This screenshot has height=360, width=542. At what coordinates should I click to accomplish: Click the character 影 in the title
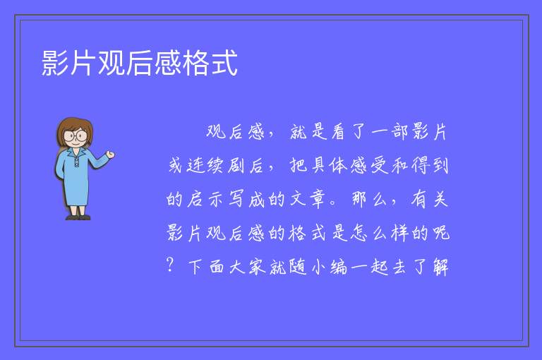pyautogui.click(x=55, y=63)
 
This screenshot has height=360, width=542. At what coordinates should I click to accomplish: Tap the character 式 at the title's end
pyautogui.click(x=224, y=63)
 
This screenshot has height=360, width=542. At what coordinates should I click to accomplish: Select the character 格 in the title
pyautogui.click(x=196, y=63)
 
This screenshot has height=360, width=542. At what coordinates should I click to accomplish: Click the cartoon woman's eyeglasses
pyautogui.click(x=76, y=135)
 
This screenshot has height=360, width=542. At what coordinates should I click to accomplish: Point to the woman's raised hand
pyautogui.click(x=110, y=155)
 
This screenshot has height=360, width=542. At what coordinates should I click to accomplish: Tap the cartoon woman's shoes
pyautogui.click(x=78, y=217)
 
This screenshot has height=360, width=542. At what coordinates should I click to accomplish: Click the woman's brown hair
pyautogui.click(x=75, y=131)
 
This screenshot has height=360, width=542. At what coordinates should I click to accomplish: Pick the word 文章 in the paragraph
pyautogui.click(x=308, y=199)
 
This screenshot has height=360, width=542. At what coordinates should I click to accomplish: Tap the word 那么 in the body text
pyautogui.click(x=370, y=199)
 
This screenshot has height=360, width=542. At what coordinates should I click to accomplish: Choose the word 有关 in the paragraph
pyautogui.click(x=430, y=199)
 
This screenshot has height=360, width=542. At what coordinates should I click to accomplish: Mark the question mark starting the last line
pyautogui.click(x=170, y=265)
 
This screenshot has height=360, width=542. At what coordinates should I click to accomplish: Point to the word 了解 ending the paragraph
pyautogui.click(x=430, y=267)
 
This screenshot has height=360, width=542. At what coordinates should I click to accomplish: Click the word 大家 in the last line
pyautogui.click(x=248, y=267)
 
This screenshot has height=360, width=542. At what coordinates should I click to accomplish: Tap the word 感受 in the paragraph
pyautogui.click(x=369, y=165)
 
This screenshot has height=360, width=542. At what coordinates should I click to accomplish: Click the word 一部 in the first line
pyautogui.click(x=390, y=131)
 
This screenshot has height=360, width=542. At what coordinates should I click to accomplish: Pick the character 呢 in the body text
pyautogui.click(x=441, y=233)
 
